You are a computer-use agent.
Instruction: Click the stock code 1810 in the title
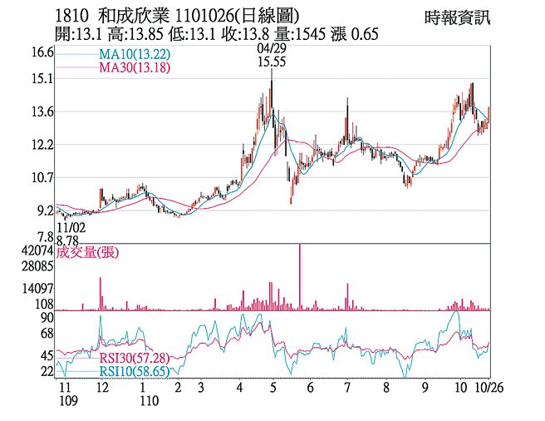71,16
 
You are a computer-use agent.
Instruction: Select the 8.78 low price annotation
70,238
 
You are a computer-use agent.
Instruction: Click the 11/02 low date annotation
70,225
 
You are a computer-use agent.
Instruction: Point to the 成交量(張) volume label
87,252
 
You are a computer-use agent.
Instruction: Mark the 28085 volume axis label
38,267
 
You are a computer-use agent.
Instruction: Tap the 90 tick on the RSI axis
47,318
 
